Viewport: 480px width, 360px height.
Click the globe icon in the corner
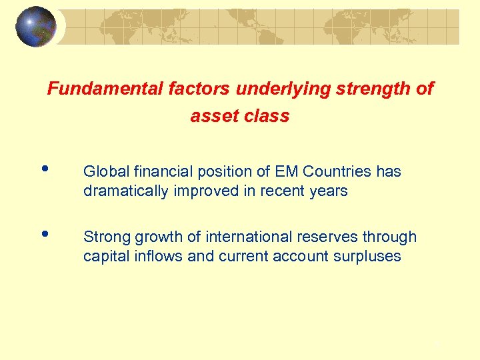[36, 27]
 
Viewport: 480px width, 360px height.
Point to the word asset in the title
[211, 116]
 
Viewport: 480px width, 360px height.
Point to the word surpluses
[369, 257]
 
